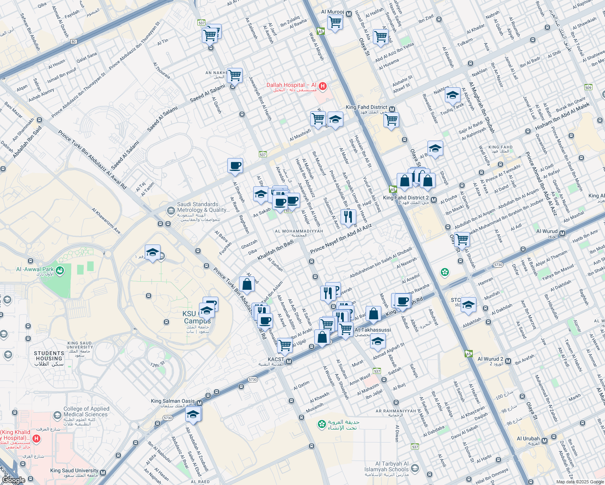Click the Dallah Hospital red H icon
tap(322, 86)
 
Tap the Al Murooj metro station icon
tap(349, 13)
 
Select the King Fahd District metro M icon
tap(392, 109)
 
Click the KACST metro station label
tap(276, 359)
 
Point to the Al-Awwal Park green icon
tap(60, 270)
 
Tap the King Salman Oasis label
tap(173, 401)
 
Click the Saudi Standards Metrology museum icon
tap(171, 210)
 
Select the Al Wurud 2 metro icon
tap(508, 361)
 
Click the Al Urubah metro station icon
tap(545, 440)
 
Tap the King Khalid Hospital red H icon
tap(36, 439)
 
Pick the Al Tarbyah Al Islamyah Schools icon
tap(415, 468)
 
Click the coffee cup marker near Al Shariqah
tap(235, 166)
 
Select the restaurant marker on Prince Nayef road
tap(348, 217)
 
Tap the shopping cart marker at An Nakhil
tap(235, 75)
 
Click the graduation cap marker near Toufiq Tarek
tap(452, 95)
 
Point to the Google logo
tap(13, 480)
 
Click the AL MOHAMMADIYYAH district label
tap(299, 231)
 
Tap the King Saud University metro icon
tap(103, 472)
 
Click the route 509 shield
tap(588, 87)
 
